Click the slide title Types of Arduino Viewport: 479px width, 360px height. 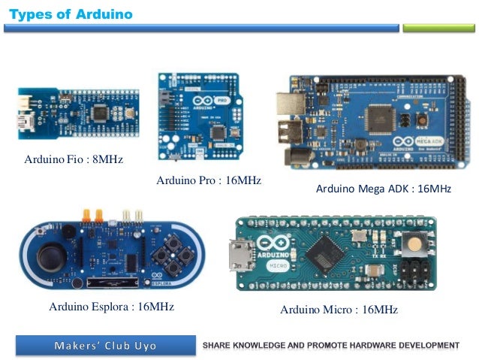pos(71,14)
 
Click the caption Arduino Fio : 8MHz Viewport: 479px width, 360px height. pos(73,160)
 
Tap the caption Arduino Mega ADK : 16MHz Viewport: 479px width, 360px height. pos(383,189)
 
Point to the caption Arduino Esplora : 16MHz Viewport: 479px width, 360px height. pos(111,307)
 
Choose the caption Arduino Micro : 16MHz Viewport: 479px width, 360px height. pos(339,310)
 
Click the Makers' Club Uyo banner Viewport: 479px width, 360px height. pos(105,346)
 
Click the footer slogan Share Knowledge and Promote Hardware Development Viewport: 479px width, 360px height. pos(331,346)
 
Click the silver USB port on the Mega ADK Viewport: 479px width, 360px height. pos(287,107)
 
